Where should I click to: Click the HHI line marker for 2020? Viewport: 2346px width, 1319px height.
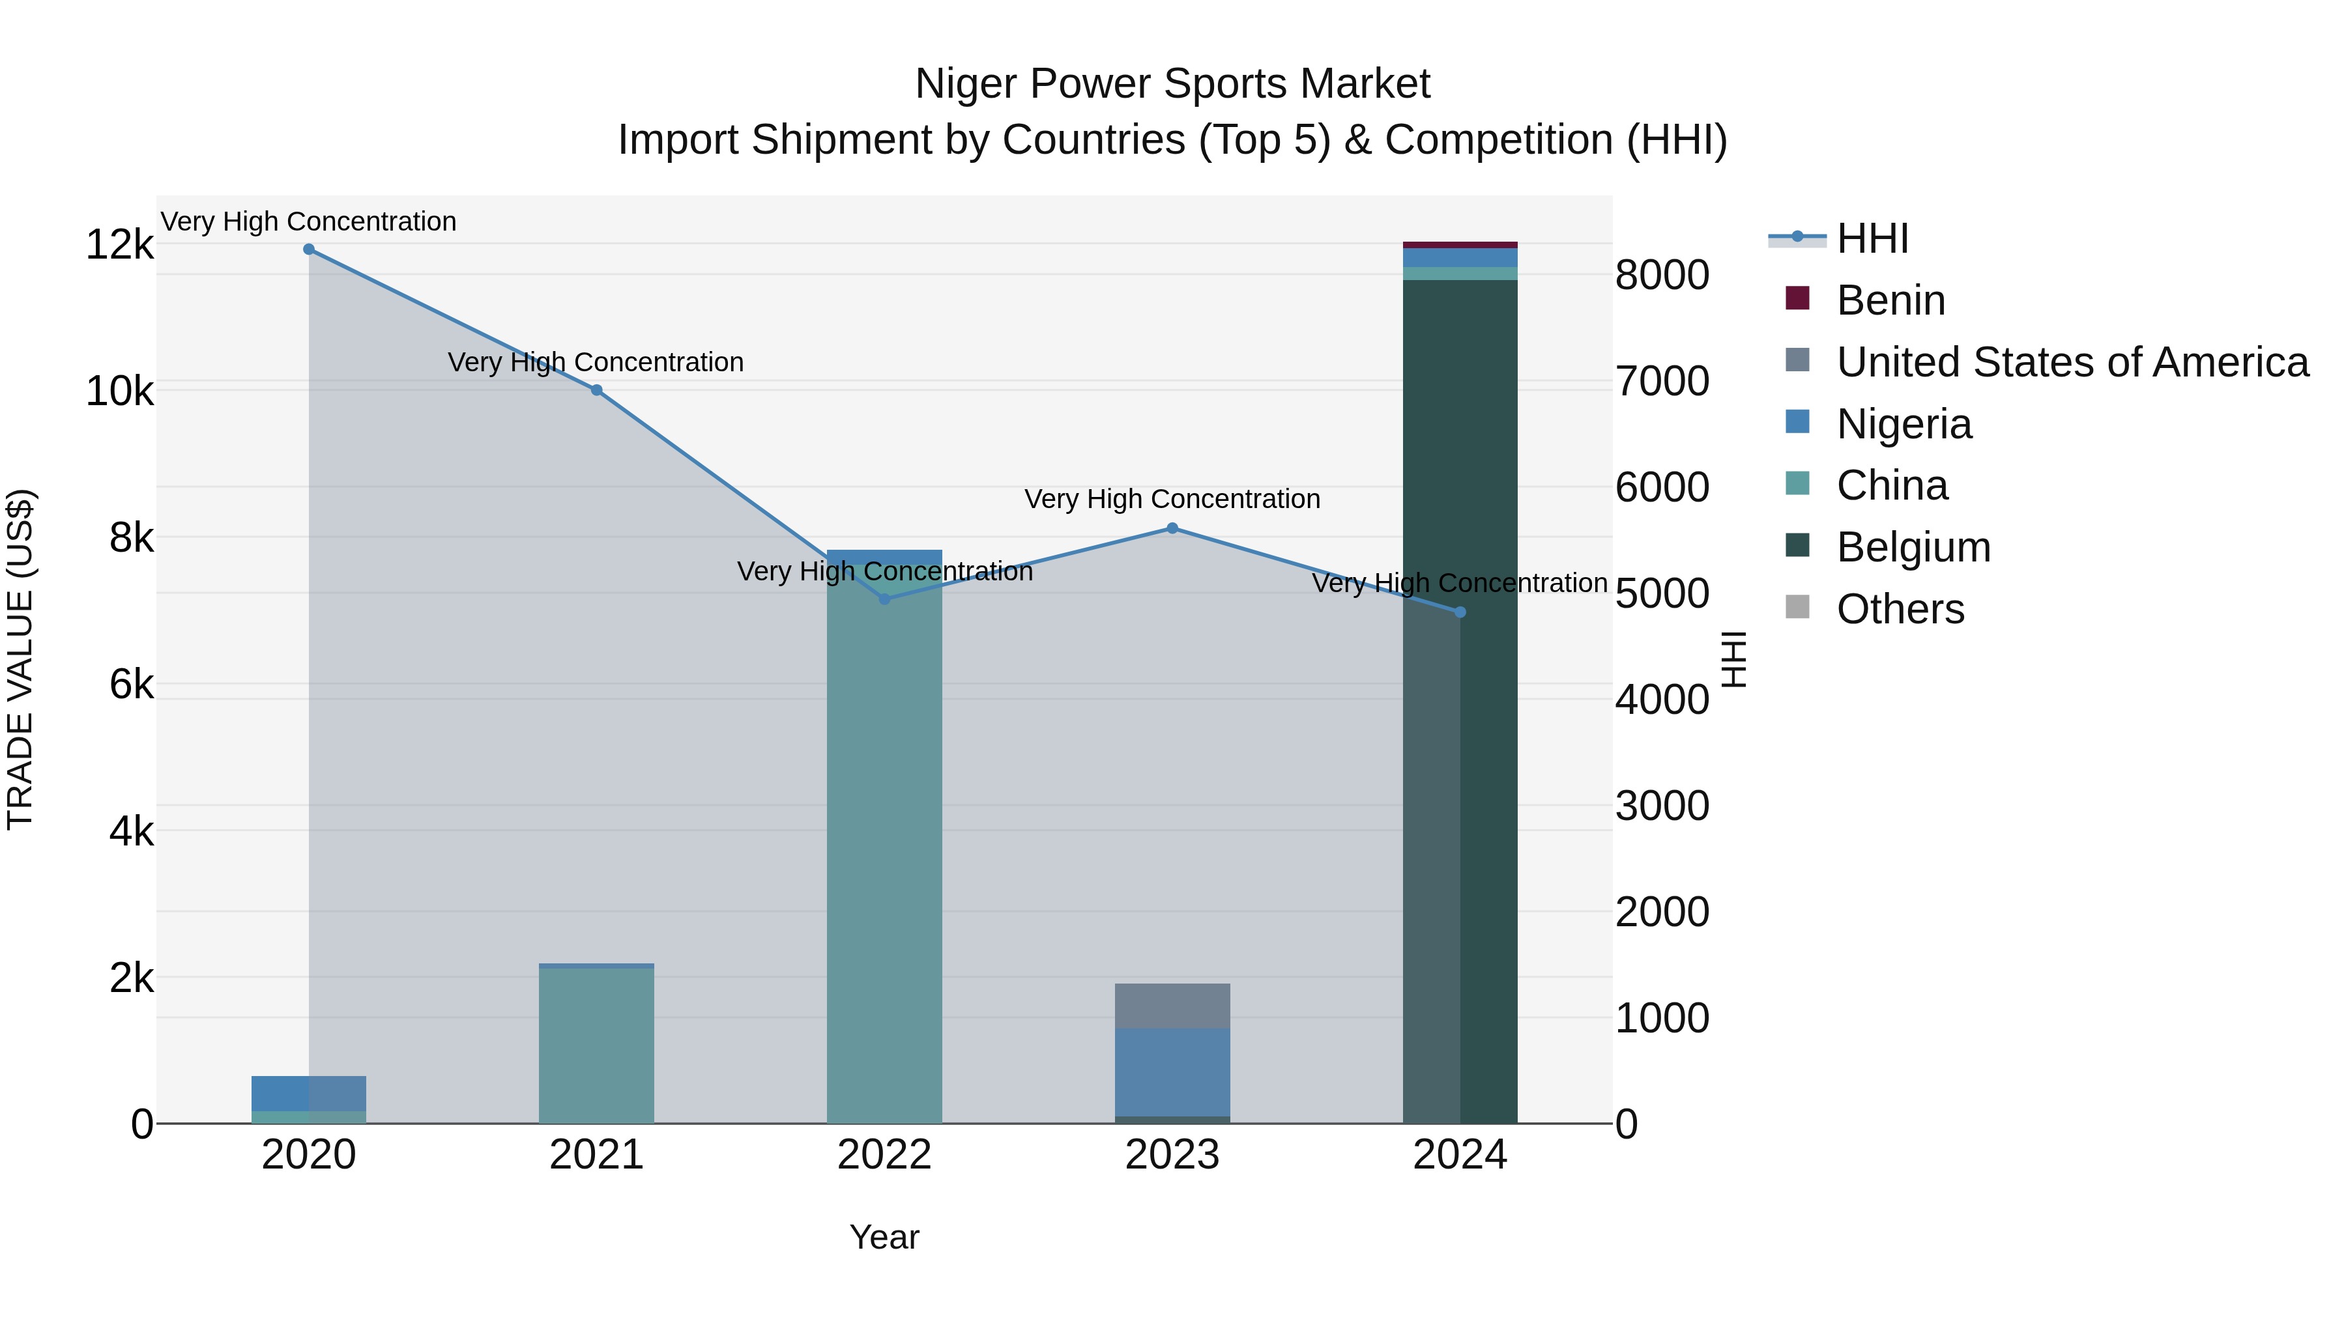click(x=309, y=249)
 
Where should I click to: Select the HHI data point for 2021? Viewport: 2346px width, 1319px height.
click(x=596, y=391)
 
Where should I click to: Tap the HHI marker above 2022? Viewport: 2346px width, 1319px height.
click(x=884, y=599)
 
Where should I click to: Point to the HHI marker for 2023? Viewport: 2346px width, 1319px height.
click(x=1172, y=528)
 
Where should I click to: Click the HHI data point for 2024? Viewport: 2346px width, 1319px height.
click(x=1460, y=613)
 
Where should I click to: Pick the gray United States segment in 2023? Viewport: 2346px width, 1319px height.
click(x=1172, y=1006)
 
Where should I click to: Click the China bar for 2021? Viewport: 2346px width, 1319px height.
click(x=596, y=1047)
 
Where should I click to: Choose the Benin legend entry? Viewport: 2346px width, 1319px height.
click(x=1890, y=300)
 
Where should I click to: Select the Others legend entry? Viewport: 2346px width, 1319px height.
click(x=1900, y=609)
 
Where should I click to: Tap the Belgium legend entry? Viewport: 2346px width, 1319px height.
click(x=1913, y=547)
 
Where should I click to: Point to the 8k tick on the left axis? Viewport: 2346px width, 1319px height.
click(x=131, y=538)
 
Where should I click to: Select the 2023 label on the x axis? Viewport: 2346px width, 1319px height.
click(x=1172, y=1155)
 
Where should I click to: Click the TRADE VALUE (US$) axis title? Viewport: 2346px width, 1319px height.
click(x=21, y=659)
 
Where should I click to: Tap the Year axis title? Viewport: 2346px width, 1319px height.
click(x=884, y=1237)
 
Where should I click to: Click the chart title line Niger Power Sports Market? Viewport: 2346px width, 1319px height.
click(x=1172, y=84)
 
